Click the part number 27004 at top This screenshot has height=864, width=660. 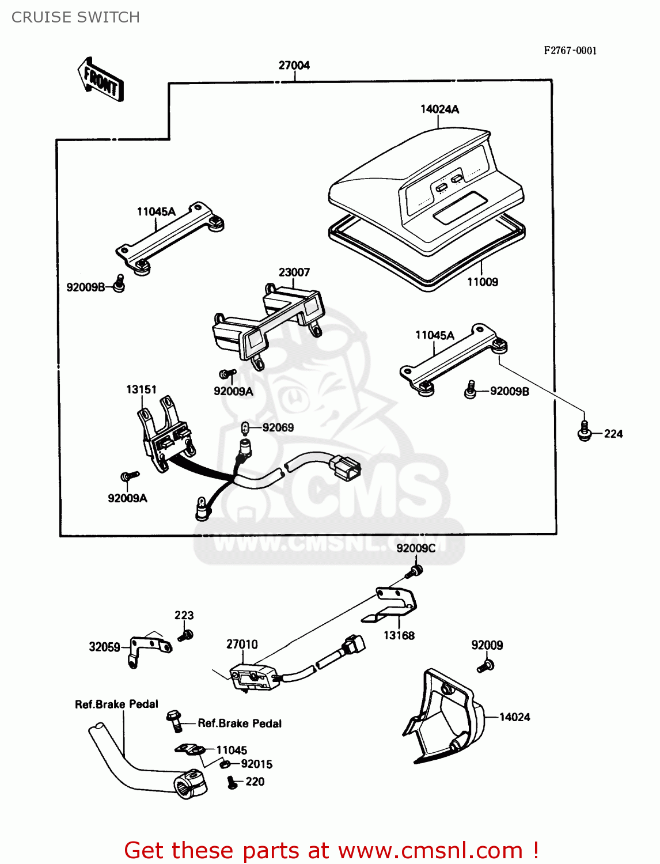click(x=294, y=65)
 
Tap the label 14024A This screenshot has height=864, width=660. click(x=439, y=109)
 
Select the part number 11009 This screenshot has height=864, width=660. click(x=482, y=282)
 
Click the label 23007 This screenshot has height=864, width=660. click(x=294, y=272)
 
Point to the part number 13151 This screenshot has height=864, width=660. click(x=141, y=389)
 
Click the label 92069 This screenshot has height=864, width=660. click(x=278, y=427)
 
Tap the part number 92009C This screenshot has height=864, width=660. click(x=415, y=548)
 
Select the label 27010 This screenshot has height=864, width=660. click(x=242, y=644)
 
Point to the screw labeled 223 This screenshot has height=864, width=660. click(x=185, y=635)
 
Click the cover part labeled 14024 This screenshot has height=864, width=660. click(x=443, y=717)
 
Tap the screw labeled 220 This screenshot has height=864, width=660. click(x=232, y=783)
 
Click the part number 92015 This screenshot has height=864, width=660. click(x=256, y=764)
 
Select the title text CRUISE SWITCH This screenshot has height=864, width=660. click(x=75, y=17)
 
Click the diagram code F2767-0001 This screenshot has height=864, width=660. click(x=570, y=50)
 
